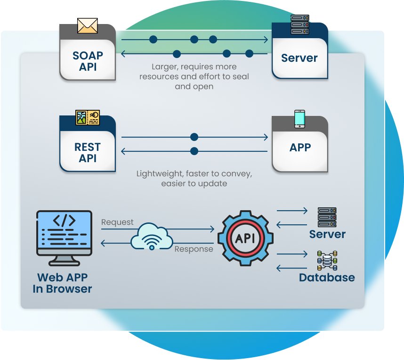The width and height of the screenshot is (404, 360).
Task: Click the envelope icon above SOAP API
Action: click(x=87, y=25)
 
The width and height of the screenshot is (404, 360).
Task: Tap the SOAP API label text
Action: click(x=88, y=61)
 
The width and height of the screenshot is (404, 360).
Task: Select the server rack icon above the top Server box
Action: click(x=299, y=25)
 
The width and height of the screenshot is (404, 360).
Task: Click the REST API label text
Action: click(x=88, y=153)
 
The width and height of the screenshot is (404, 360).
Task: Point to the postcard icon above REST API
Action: click(x=88, y=118)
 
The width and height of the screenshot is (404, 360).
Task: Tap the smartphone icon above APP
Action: click(x=299, y=119)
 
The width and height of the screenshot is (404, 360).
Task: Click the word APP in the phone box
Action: click(x=300, y=147)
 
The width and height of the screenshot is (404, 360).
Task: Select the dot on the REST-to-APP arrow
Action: click(x=194, y=137)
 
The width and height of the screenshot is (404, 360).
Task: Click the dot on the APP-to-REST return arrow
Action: click(x=194, y=151)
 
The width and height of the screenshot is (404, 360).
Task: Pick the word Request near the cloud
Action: click(x=117, y=222)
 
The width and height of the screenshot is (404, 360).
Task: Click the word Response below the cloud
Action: click(x=194, y=249)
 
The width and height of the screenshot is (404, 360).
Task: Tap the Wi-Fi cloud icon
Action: click(x=152, y=237)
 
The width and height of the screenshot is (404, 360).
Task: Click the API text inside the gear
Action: click(x=245, y=238)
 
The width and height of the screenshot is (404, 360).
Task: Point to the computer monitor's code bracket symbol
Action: click(x=64, y=220)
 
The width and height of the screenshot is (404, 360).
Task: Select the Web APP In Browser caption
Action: click(x=62, y=283)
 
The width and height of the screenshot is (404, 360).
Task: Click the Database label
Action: click(x=327, y=278)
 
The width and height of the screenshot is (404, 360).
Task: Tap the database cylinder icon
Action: click(x=327, y=261)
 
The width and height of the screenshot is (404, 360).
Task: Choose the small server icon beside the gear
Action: click(x=327, y=217)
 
